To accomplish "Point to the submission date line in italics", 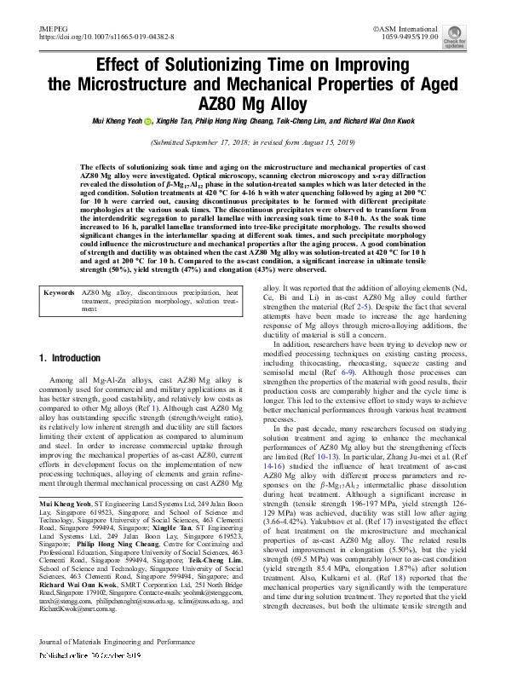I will [253, 144].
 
